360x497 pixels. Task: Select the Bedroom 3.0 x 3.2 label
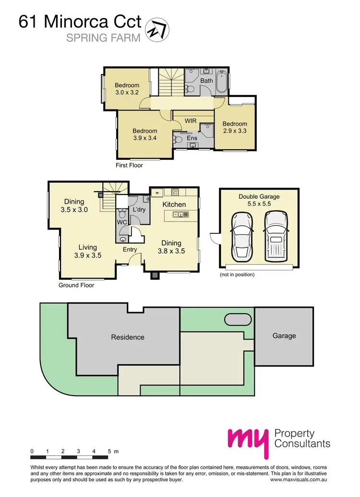click(x=127, y=89)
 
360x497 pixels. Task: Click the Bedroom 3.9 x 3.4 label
click(x=145, y=134)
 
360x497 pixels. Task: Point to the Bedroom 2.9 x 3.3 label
click(x=235, y=127)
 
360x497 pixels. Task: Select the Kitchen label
click(x=174, y=205)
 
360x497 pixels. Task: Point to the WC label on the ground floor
click(x=121, y=223)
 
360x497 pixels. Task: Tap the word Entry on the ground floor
click(x=130, y=249)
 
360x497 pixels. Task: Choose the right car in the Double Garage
click(x=275, y=235)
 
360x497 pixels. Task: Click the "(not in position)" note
click(x=237, y=275)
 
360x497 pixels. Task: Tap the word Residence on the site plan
click(x=128, y=337)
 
